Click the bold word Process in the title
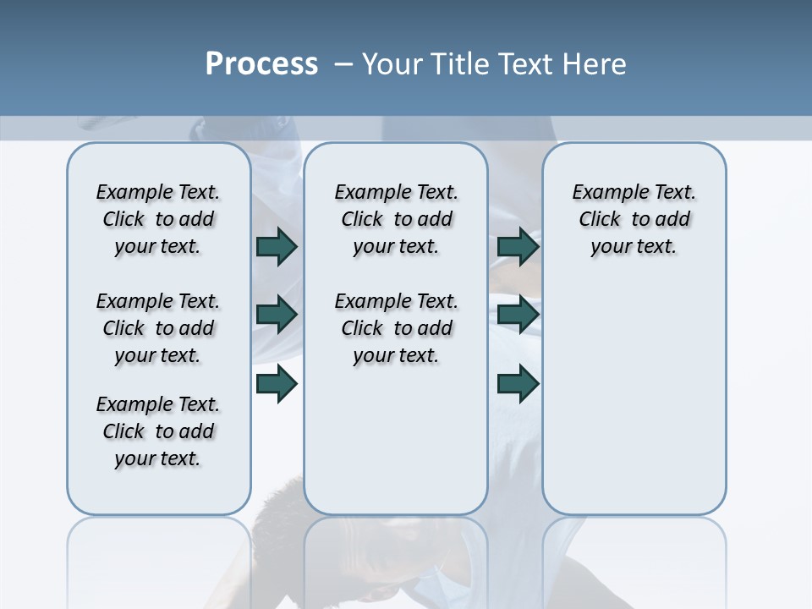[261, 64]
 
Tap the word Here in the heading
[591, 64]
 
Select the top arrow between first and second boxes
[276, 247]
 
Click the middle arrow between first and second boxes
[276, 315]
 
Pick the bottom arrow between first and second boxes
[276, 384]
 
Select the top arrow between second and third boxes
[518, 247]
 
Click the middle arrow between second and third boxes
[518, 315]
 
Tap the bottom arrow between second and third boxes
[518, 384]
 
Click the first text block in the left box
[158, 219]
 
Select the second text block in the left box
[158, 328]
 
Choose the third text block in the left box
[158, 431]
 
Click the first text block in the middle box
[396, 219]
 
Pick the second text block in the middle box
[396, 328]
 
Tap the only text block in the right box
[634, 219]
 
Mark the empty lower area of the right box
[634, 398]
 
